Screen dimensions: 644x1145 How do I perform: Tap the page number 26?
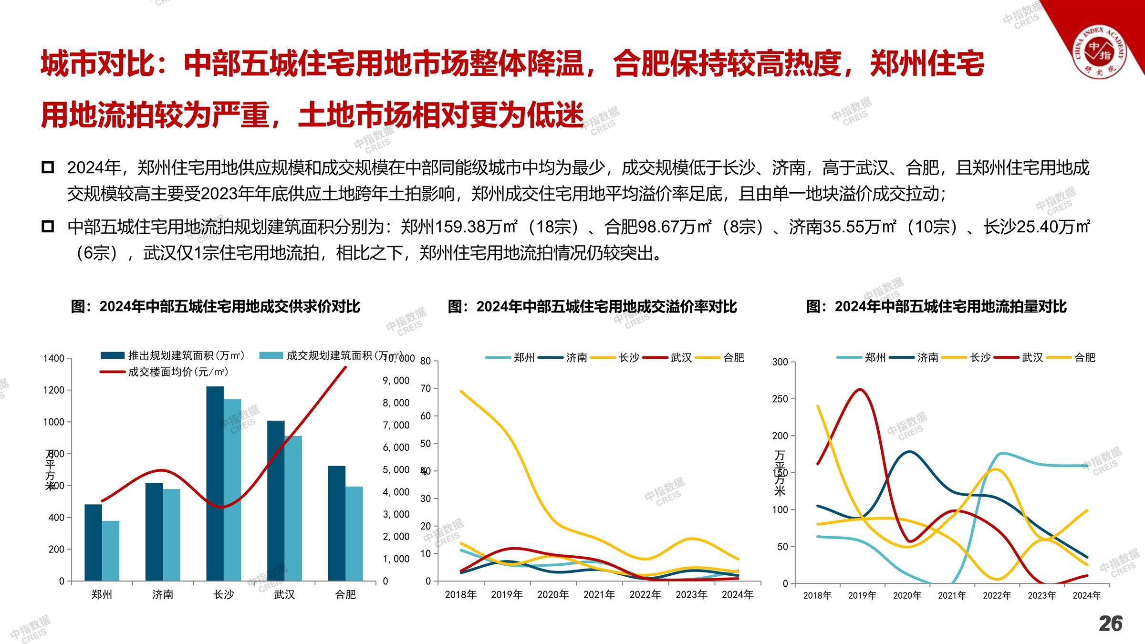1111,623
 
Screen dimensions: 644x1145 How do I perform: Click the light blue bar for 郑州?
111,551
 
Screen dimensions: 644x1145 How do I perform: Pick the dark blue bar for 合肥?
337,523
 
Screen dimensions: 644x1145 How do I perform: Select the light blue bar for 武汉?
293,508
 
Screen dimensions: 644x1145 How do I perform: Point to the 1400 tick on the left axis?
53,358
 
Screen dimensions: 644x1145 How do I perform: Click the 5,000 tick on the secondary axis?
396,470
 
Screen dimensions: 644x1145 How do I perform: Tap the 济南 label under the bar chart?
163,594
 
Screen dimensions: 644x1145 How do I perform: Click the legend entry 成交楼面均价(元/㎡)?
178,372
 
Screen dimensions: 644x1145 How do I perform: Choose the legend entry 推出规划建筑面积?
186,355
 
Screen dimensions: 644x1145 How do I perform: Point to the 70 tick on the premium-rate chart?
426,388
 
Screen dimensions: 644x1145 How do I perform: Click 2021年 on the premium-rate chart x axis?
599,594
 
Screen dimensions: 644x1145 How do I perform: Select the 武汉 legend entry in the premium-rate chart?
681,358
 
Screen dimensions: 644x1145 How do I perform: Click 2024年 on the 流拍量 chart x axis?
1087,595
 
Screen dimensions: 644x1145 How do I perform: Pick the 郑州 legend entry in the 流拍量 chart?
875,357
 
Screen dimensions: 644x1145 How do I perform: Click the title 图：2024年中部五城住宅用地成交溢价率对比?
592,307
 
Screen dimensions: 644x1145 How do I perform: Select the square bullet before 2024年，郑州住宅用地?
48,167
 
